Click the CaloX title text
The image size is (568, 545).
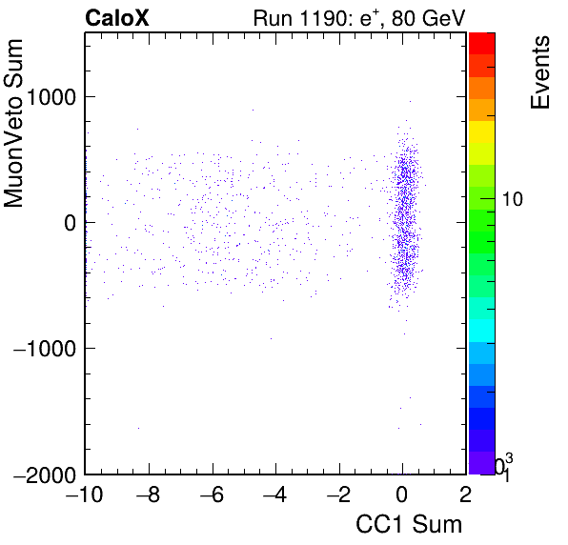tap(116, 17)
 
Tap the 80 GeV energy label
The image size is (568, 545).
tap(428, 18)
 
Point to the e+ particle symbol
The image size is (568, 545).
tap(370, 18)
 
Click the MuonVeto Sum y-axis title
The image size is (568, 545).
tap(13, 123)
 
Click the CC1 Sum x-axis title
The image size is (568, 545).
tap(409, 524)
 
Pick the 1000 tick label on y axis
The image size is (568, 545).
tap(51, 96)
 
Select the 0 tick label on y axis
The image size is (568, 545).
tap(70, 223)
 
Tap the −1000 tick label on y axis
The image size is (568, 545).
tap(45, 349)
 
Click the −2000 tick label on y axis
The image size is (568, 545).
tap(45, 474)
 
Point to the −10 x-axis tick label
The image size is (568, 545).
tap(85, 495)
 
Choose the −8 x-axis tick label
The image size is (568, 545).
tap(148, 495)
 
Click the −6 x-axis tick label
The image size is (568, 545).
tap(212, 495)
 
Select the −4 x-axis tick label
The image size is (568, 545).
tap(275, 495)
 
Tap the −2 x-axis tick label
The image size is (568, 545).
tap(339, 495)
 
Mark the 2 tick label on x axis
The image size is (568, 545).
tap(466, 495)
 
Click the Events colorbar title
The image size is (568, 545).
tap(540, 72)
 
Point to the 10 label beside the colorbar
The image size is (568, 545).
tap(512, 199)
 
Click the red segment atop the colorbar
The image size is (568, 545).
tap(482, 44)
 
